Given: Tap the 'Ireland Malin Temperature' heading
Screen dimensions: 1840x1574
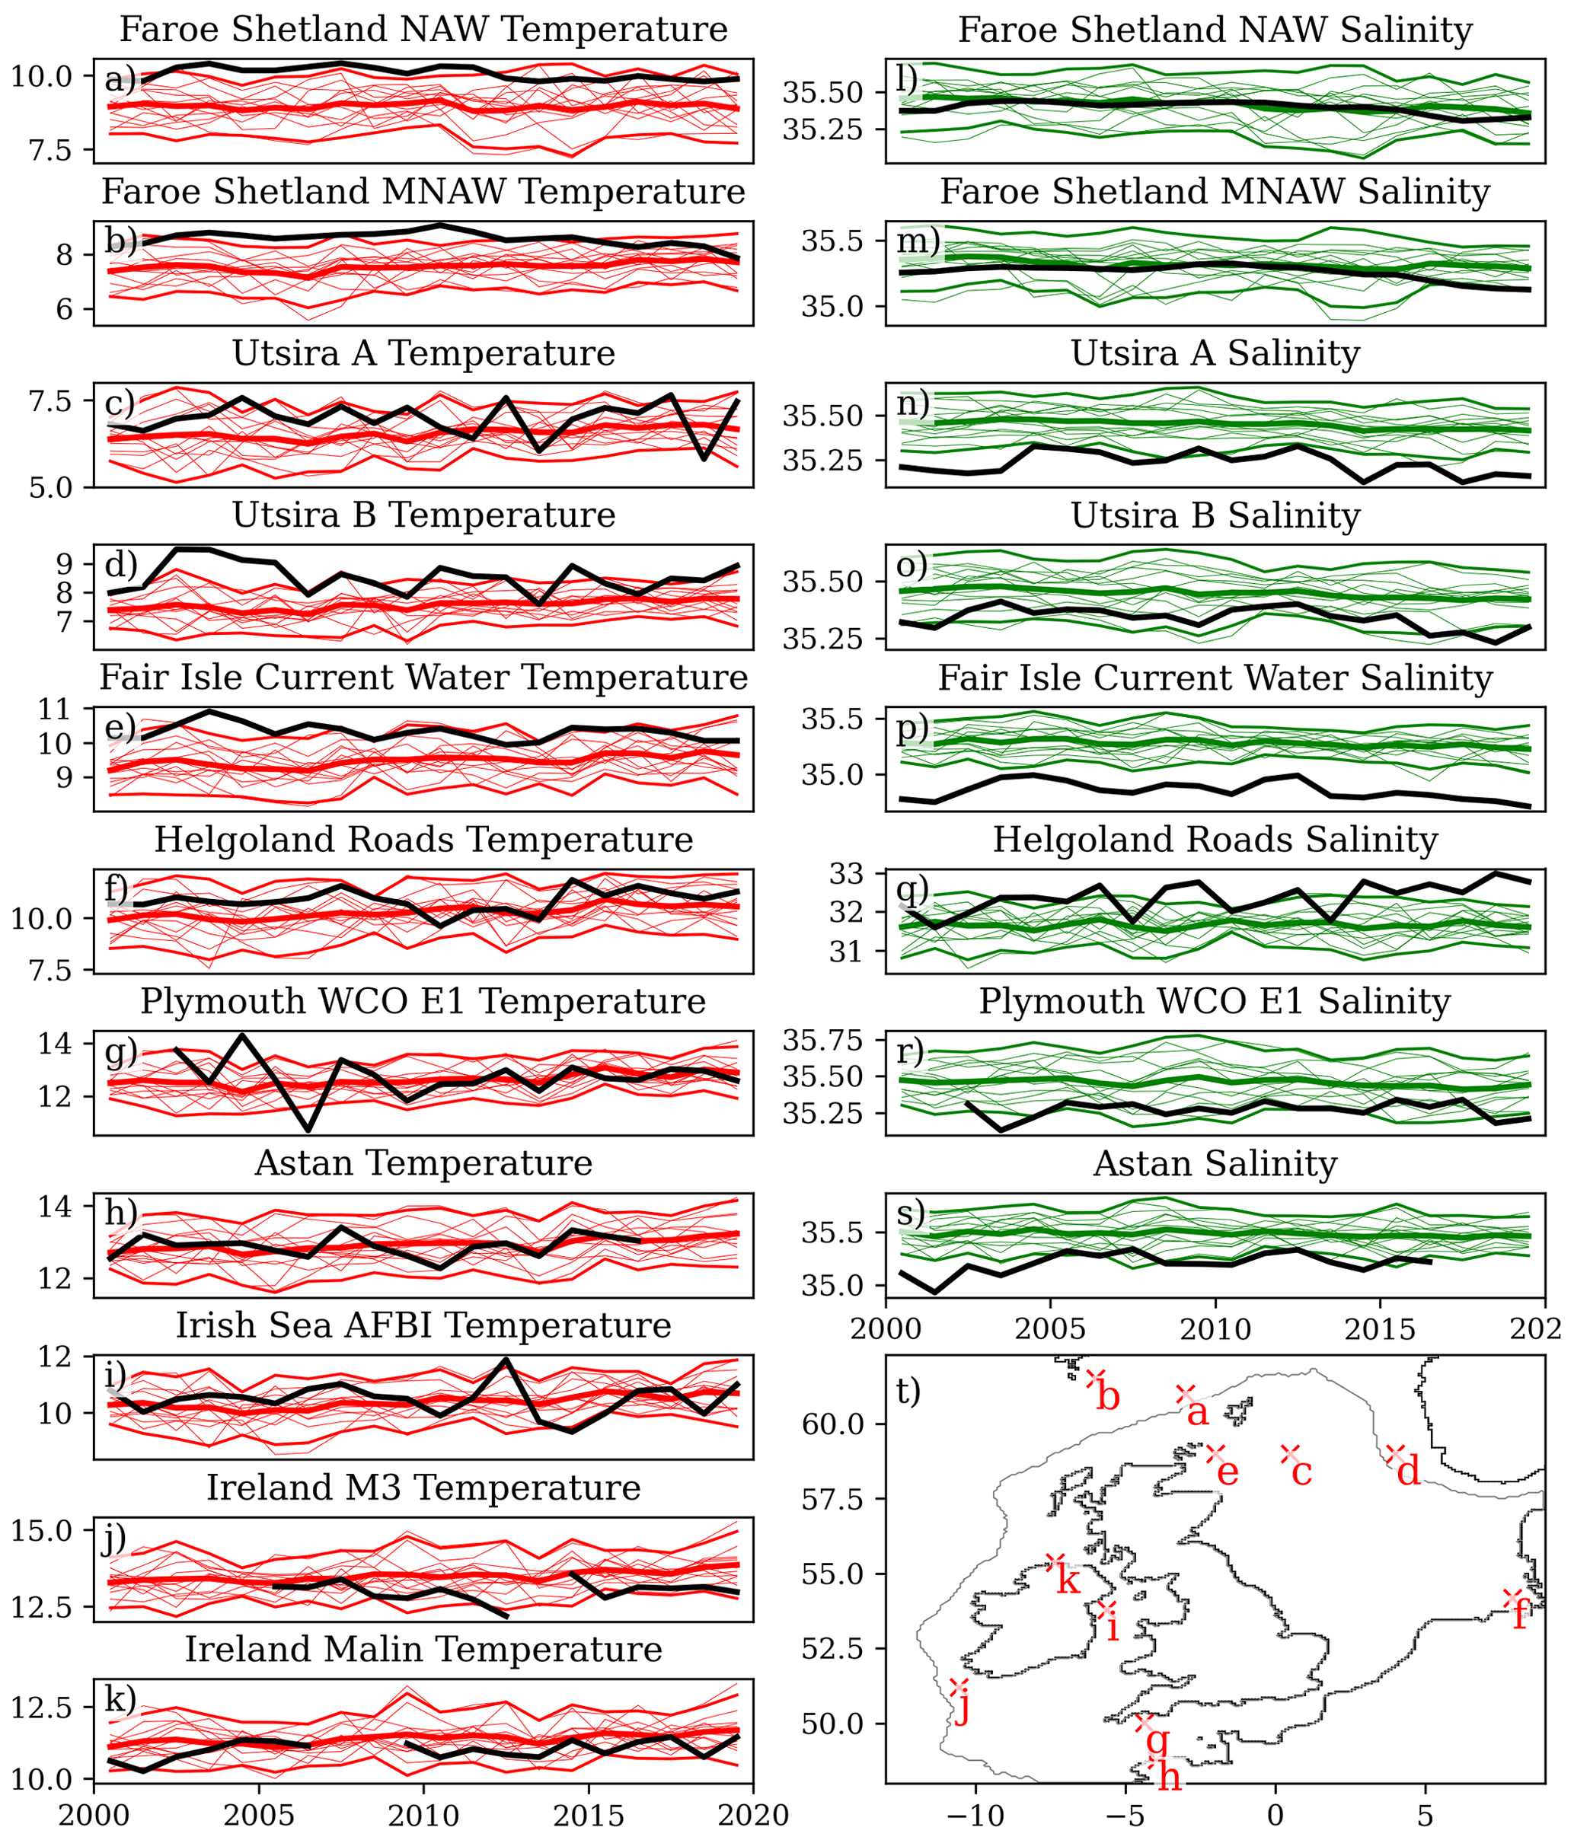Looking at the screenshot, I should (423, 1649).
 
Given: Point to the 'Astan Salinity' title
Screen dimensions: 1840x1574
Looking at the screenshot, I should (1215, 1163).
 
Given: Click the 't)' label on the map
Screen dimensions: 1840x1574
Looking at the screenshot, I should (908, 1391).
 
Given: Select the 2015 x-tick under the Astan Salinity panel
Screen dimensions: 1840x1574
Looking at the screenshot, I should (1380, 1329).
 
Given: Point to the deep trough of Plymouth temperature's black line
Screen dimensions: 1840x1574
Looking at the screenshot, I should (308, 1130).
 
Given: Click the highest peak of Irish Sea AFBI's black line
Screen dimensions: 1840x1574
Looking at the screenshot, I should (506, 1360).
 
